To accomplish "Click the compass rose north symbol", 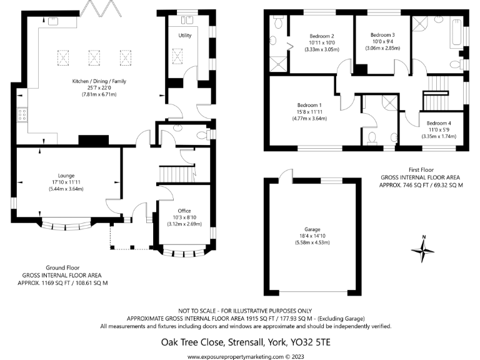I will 423,250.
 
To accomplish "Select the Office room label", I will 184,211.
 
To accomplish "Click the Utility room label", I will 184,36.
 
